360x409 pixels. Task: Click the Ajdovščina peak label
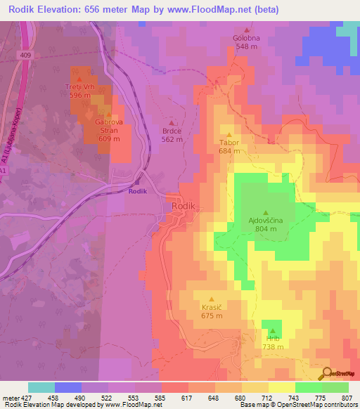[x=265, y=221]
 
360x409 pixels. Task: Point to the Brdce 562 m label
[x=172, y=135]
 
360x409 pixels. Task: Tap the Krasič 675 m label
[x=212, y=311]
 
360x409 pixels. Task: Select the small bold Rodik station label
[x=139, y=190]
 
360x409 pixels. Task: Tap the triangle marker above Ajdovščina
[x=266, y=212]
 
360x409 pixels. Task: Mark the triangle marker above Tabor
[x=229, y=134]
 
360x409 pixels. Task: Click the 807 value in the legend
[x=347, y=398]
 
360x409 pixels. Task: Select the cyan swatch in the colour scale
[x=41, y=387]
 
